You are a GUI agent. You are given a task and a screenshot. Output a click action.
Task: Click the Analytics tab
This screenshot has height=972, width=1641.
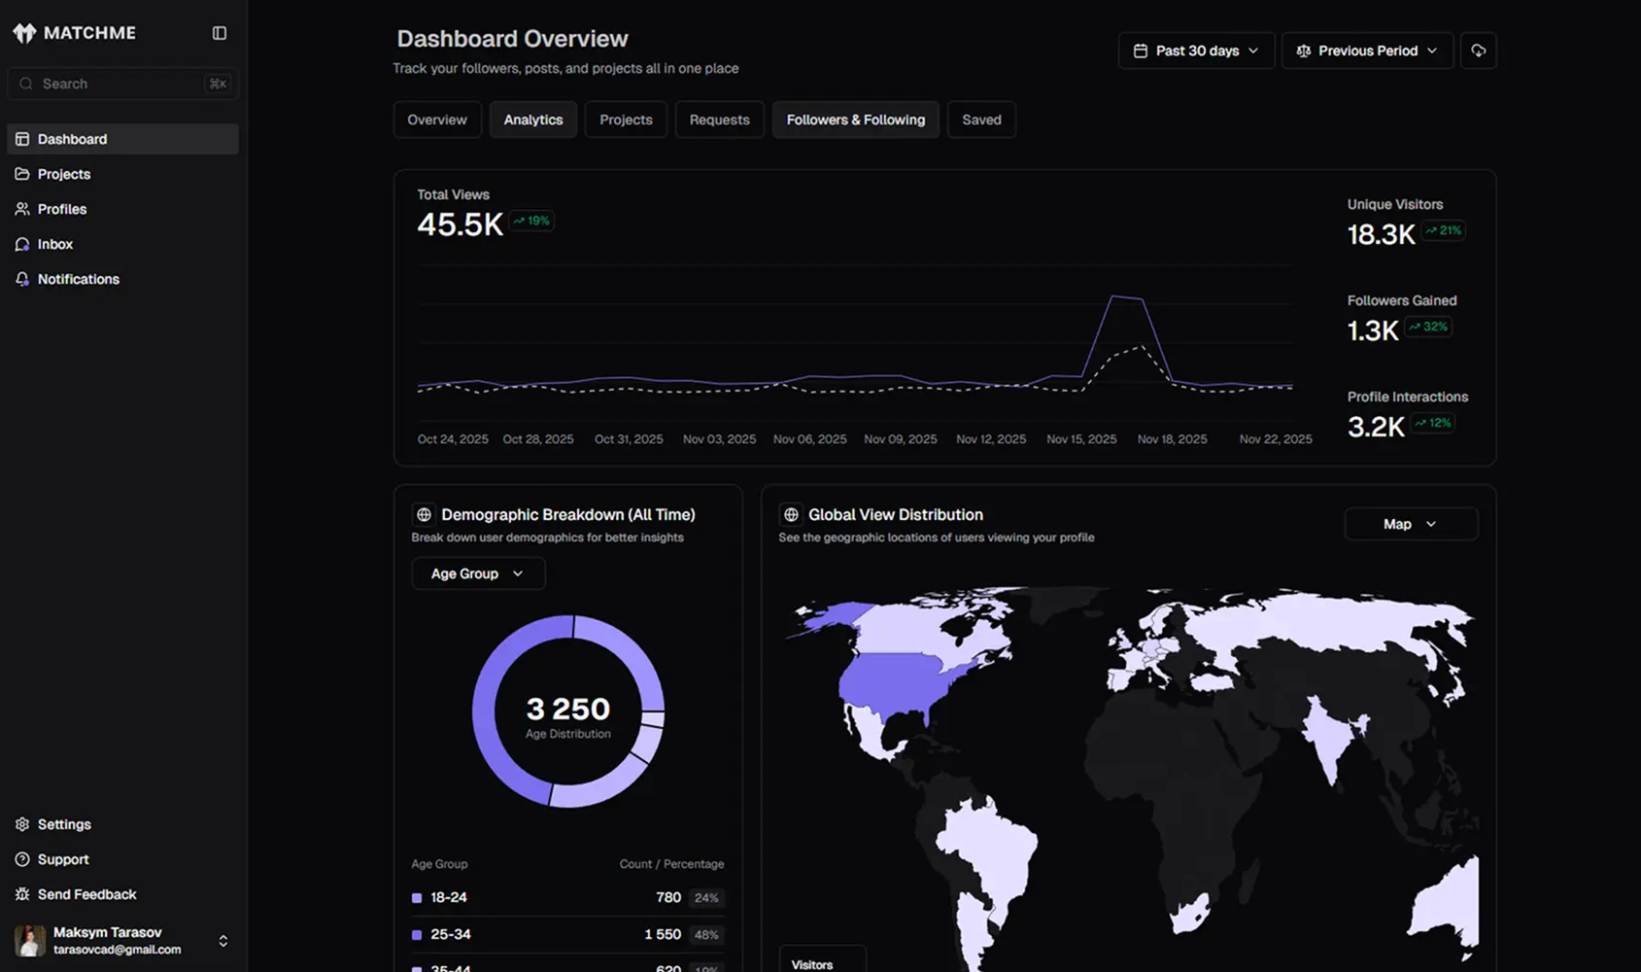[533, 120]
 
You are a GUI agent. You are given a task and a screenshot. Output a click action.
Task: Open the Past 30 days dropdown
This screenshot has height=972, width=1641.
[1196, 51]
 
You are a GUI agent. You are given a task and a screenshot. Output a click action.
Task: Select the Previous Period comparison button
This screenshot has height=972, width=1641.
[1367, 51]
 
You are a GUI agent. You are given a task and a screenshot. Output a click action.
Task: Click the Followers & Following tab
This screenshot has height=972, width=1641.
[855, 120]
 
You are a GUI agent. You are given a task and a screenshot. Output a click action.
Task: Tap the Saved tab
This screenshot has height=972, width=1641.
[981, 120]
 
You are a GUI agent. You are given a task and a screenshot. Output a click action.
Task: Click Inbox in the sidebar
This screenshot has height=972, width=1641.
[55, 244]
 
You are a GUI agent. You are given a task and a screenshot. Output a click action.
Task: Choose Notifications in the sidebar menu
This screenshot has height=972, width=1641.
[78, 279]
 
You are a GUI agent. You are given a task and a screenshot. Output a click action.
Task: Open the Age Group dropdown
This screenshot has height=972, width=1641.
[478, 573]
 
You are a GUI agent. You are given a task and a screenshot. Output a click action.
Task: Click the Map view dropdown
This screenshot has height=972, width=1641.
[1410, 524]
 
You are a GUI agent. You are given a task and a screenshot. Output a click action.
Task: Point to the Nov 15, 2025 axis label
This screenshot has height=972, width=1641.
[1081, 439]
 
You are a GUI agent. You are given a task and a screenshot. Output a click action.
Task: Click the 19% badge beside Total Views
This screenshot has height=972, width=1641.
[532, 221]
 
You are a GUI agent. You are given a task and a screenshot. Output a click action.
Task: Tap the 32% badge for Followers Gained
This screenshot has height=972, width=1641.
[1429, 327]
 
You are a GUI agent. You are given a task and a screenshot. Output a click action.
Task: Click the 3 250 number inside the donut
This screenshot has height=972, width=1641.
[568, 709]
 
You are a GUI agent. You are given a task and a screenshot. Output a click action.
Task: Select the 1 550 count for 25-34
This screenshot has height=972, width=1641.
[663, 934]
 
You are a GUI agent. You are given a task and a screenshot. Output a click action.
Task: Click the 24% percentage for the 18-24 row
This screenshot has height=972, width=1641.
[706, 897]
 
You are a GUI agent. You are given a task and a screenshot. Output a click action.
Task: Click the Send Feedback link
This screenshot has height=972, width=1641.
[86, 894]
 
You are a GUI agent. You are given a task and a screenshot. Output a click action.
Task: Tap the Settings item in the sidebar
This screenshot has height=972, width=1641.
[64, 824]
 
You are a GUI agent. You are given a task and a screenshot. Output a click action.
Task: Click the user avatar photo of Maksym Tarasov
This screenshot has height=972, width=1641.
[30, 940]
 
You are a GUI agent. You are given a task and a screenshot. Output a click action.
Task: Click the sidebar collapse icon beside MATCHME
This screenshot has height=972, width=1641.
[220, 33]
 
